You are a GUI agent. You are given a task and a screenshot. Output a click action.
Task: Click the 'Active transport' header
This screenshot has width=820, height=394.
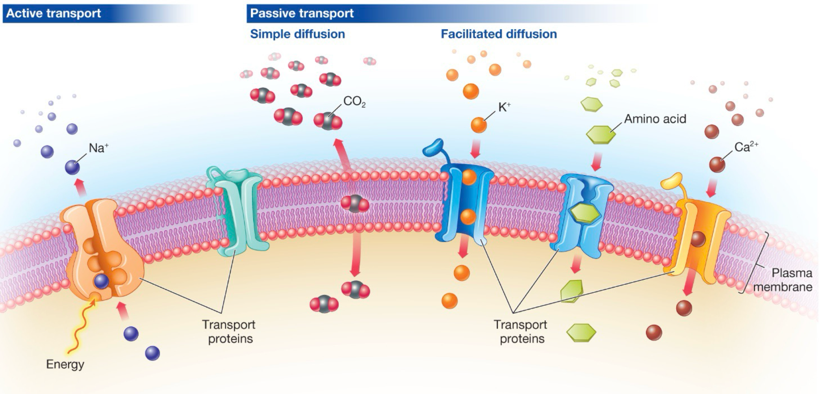54,13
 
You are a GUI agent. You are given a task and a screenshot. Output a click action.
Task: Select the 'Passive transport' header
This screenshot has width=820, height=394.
302,13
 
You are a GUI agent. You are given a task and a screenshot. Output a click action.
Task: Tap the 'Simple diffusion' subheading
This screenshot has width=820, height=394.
297,34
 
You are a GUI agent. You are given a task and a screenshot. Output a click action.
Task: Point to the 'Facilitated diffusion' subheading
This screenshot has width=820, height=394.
499,34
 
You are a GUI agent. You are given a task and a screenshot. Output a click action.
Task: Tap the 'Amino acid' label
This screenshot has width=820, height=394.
655,119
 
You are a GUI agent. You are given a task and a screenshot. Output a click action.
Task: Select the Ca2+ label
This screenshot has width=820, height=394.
746,147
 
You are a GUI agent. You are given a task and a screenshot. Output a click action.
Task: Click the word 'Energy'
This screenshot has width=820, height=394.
65,364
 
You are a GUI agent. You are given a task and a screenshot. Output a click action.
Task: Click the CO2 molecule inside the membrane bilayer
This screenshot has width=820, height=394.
354,204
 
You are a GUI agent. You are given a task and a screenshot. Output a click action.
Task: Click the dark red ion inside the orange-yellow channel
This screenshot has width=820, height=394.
697,239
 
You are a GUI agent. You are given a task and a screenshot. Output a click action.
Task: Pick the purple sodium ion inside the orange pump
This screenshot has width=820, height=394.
101,281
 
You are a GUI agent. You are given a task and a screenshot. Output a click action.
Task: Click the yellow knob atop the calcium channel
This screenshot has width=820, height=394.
672,181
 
